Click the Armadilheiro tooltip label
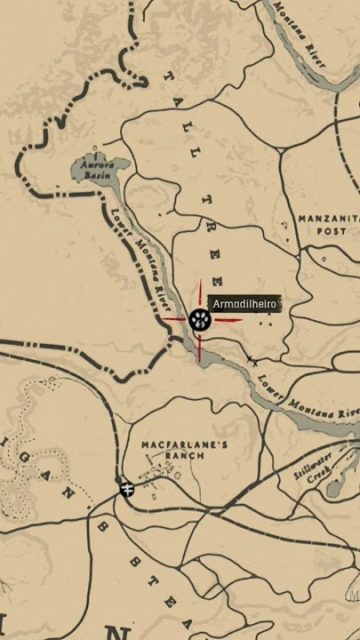pos(245,304)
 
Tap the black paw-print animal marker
pos(199,320)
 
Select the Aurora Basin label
pos(95,170)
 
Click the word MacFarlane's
pos(172,444)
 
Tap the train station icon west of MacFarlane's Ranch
pos(127,489)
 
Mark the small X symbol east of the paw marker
pos(253,361)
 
